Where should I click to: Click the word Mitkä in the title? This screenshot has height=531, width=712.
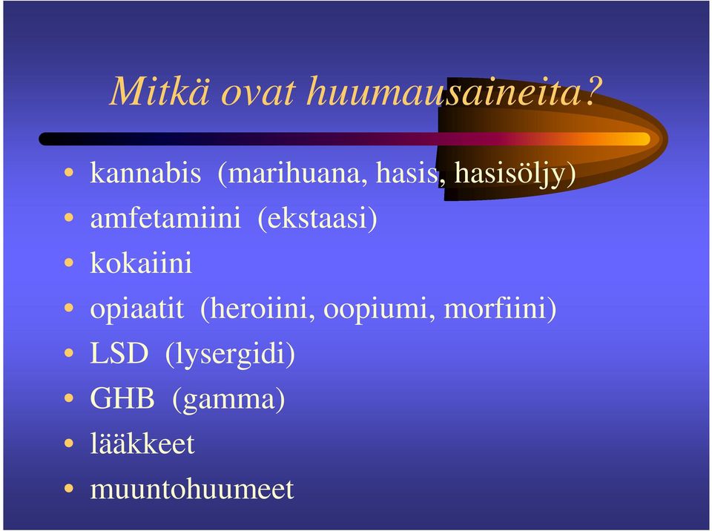pos(160,90)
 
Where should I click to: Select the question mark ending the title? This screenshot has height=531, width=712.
pos(592,90)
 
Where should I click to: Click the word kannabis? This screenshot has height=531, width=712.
pos(145,173)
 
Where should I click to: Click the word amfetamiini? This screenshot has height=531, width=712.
pos(165,217)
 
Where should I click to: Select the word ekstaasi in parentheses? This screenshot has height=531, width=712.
pos(317,217)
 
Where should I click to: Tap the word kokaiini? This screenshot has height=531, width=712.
pos(141,263)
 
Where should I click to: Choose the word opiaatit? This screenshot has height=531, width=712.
pos(137,309)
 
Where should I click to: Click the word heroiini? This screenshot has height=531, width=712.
pos(258,308)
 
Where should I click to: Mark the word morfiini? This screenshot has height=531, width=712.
pos(495,308)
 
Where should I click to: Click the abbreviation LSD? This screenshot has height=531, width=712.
pos(119,353)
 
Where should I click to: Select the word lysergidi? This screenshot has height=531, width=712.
pos(230,354)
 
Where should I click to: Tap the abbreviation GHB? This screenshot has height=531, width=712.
pos(122,398)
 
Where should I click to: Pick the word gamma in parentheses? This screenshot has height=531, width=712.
pos(228,400)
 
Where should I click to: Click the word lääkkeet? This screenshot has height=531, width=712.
pos(142,443)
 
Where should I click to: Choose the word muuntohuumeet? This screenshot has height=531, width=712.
pos(192,489)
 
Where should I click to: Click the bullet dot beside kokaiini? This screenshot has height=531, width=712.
pos(69,263)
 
